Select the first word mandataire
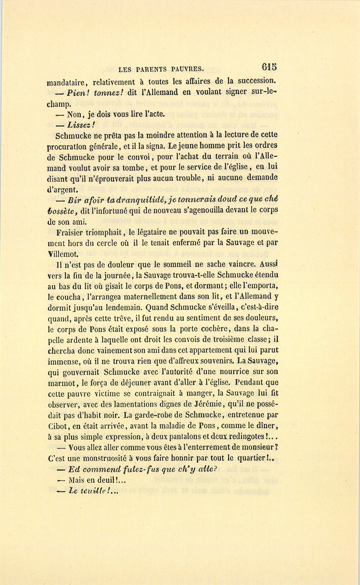(x=66, y=83)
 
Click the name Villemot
(x=63, y=254)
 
